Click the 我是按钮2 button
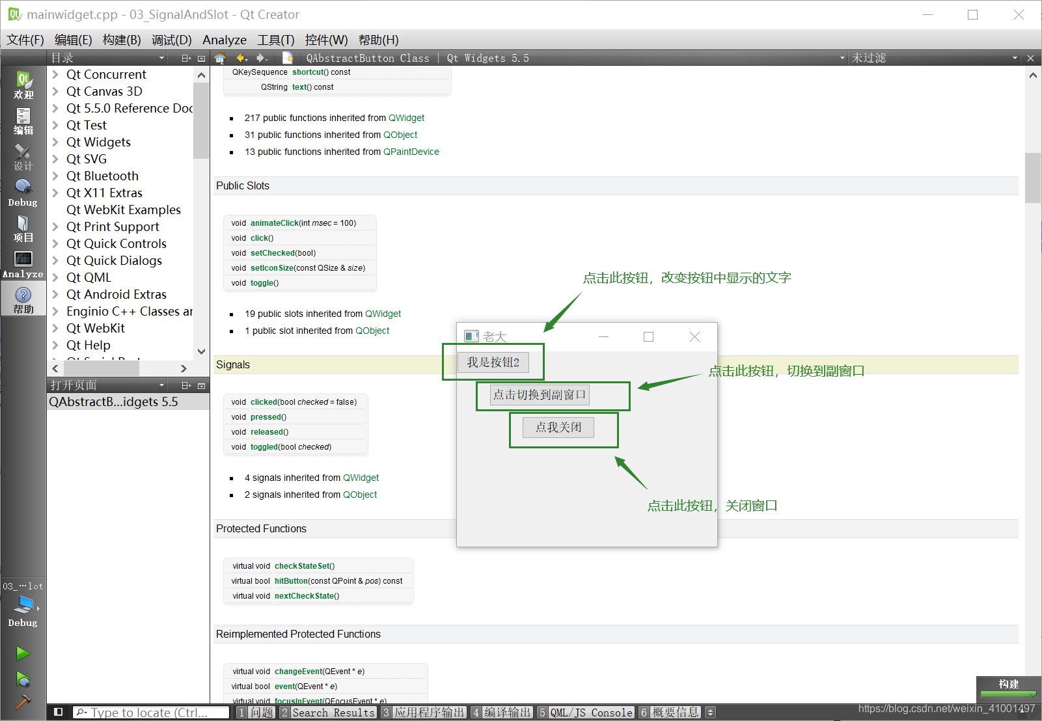coord(493,362)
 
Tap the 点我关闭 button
coord(558,428)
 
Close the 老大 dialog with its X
coord(694,336)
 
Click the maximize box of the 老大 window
coord(648,336)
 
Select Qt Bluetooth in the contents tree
coord(102,176)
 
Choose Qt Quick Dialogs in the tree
coord(114,260)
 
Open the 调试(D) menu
coord(171,40)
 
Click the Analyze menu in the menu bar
coord(224,40)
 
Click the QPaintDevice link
coord(411,152)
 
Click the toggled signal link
coord(264,447)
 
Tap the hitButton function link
coord(291,581)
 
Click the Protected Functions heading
coord(261,528)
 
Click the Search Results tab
coord(333,713)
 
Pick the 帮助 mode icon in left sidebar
coord(23,300)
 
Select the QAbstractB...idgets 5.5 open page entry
coord(114,402)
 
